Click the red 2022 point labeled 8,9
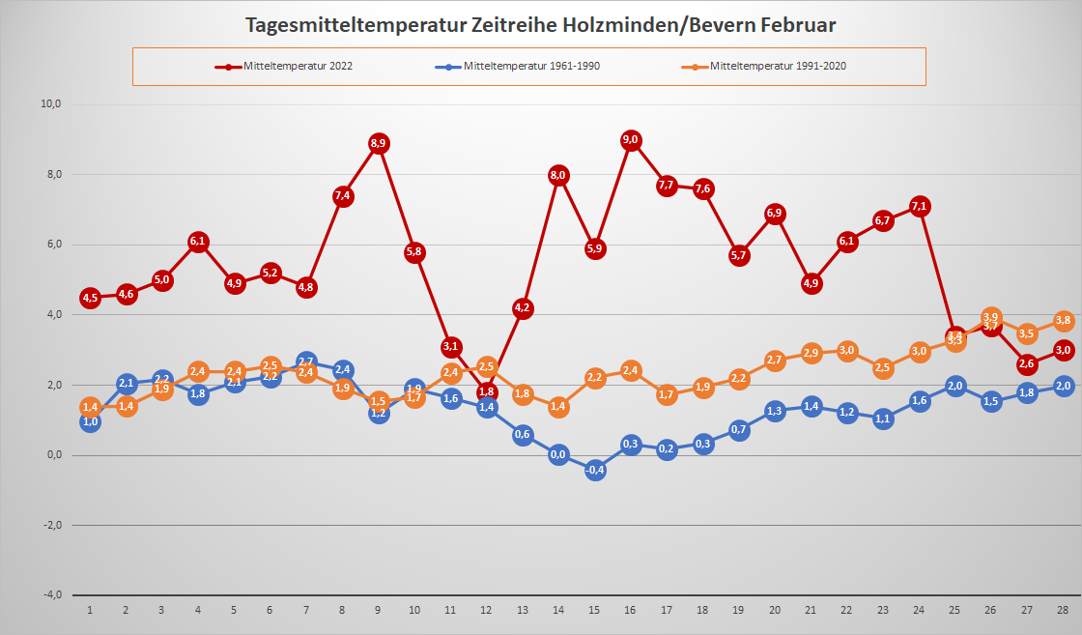tap(379, 143)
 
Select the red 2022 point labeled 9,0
tap(631, 140)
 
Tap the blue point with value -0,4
tap(595, 470)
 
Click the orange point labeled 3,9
tap(991, 317)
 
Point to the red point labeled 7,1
tap(920, 206)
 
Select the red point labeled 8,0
tap(558, 175)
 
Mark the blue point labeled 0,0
tap(558, 454)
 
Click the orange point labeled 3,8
tap(1063, 321)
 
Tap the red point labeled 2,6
tap(1027, 364)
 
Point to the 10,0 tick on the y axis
tap(51, 104)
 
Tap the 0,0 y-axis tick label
tap(53, 455)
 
